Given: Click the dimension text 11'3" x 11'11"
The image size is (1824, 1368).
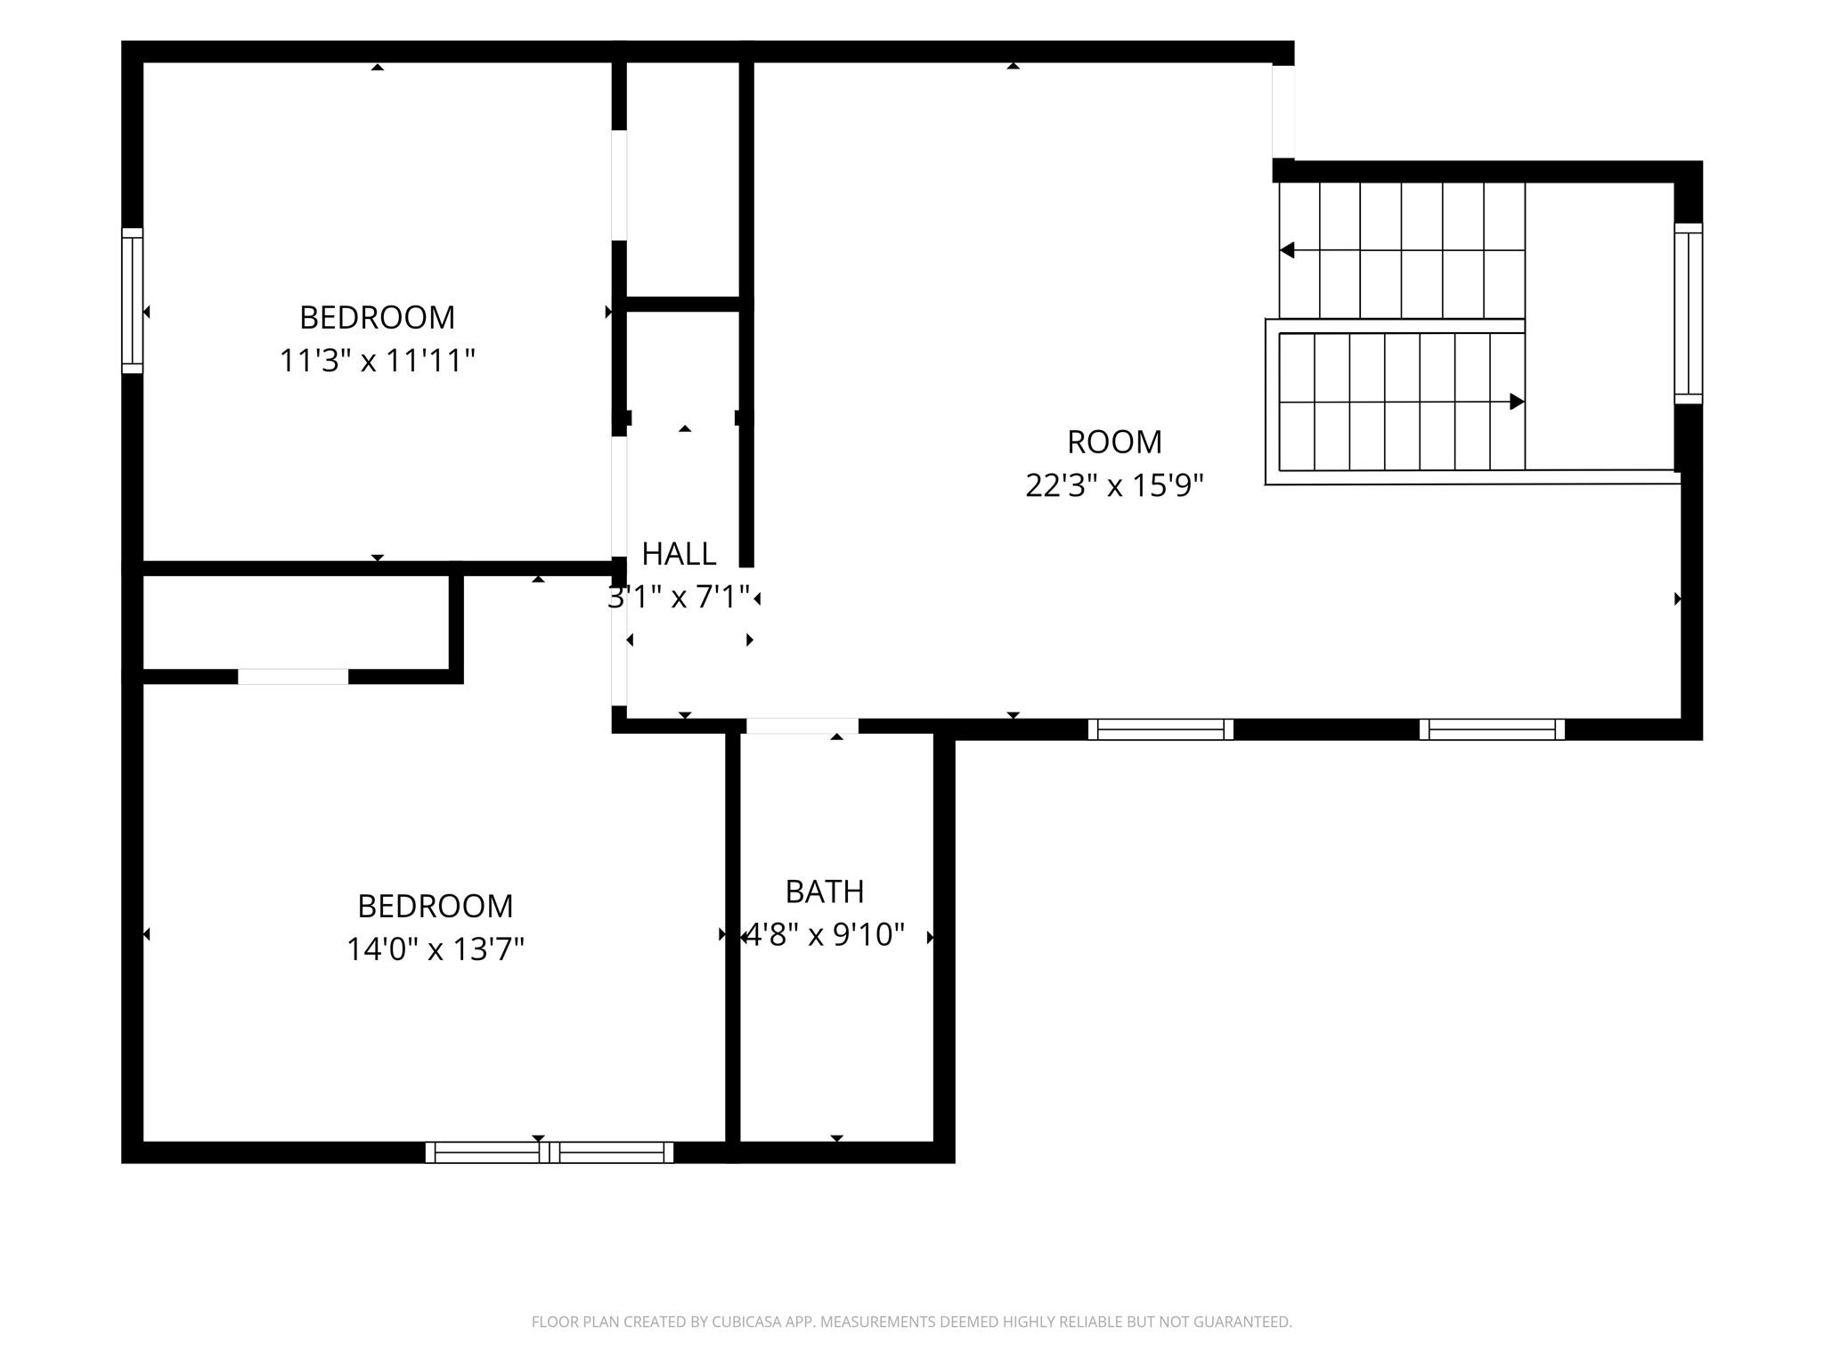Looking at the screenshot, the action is [378, 361].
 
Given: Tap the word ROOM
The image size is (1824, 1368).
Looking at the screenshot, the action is [1114, 442].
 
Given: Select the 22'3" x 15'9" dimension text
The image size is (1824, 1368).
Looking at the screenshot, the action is [1114, 485].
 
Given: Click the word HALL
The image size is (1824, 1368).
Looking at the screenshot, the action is [679, 554].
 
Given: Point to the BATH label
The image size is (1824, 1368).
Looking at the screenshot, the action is [825, 892].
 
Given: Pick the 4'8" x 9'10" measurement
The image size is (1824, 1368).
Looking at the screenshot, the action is [825, 935].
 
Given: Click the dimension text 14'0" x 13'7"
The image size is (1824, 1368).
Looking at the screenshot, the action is [435, 949].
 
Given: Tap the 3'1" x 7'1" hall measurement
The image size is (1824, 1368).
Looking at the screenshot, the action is [679, 597].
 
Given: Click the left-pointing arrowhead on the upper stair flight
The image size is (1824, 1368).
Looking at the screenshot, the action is [1287, 250].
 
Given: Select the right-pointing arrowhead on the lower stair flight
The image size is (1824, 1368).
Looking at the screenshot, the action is [1517, 402].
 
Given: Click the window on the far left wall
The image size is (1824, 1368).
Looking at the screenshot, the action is [132, 300].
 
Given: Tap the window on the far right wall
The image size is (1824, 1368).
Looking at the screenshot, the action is [1689, 313].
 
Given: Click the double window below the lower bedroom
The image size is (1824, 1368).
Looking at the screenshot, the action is [550, 1152].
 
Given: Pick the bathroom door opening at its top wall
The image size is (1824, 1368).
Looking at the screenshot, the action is [802, 726].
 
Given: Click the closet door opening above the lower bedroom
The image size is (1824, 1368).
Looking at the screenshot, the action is [293, 677].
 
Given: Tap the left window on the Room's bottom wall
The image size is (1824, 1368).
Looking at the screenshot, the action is [1160, 729].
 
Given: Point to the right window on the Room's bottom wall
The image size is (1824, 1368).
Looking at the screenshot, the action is [1492, 729].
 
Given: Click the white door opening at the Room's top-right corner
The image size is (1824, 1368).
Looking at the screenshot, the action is [1283, 111].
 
